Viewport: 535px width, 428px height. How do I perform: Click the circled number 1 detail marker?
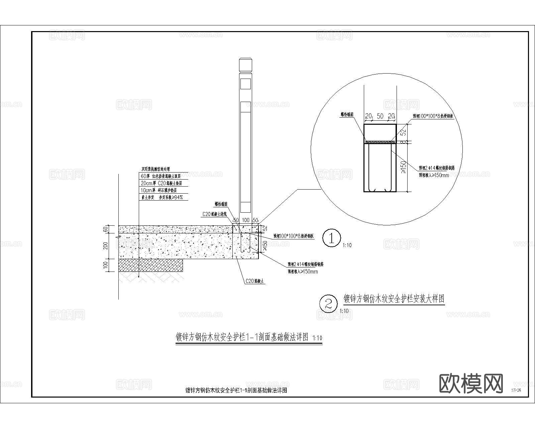[331, 238]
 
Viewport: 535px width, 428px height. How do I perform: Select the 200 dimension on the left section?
[106, 246]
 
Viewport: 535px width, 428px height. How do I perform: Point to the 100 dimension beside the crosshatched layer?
[106, 265]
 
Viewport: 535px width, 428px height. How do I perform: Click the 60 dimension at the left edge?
[106, 229]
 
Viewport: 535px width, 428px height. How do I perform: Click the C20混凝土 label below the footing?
[255, 281]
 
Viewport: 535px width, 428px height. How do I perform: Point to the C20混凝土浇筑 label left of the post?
[215, 214]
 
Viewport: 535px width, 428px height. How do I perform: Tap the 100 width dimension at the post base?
[246, 220]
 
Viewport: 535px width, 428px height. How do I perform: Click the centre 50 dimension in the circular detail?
[380, 116]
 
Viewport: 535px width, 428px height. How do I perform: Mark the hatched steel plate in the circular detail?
[380, 142]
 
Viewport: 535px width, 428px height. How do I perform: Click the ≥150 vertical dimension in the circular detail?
[403, 167]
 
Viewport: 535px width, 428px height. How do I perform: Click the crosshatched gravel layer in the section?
[150, 265]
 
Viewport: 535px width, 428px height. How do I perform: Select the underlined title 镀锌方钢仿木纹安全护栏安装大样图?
[394, 299]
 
